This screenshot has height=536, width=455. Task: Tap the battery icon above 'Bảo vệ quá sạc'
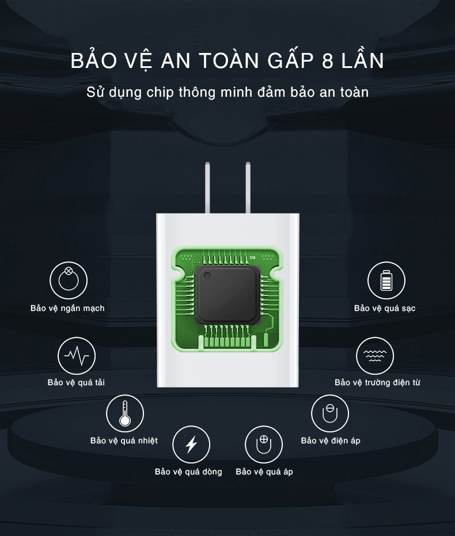pos(386,280)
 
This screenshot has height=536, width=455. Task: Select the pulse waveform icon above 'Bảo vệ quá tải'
pos(77,356)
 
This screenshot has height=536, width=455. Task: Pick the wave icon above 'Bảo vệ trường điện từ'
pos(375,356)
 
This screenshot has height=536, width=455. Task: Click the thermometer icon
pos(125,413)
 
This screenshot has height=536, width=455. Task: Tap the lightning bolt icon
pos(191,444)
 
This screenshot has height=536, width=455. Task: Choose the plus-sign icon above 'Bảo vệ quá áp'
pos(264,444)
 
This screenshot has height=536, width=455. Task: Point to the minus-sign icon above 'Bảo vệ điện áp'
pos(330,413)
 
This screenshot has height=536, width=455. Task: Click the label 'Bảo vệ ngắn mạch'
pos(67,309)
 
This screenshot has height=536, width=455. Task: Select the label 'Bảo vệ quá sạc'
pos(385,309)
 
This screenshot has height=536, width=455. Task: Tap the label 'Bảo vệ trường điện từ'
pos(377,382)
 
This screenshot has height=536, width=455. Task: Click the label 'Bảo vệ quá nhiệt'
pos(124,440)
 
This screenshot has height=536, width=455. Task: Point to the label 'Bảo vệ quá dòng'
pos(188,472)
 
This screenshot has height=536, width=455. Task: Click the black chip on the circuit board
pos(226,296)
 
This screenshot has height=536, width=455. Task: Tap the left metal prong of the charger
pos(207,187)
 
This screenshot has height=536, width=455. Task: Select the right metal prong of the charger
pos(248,187)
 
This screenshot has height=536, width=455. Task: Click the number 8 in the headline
pos(328,61)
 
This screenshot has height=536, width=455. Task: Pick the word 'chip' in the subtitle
pos(160,93)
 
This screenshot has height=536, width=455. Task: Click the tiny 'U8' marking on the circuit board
pos(253,257)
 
